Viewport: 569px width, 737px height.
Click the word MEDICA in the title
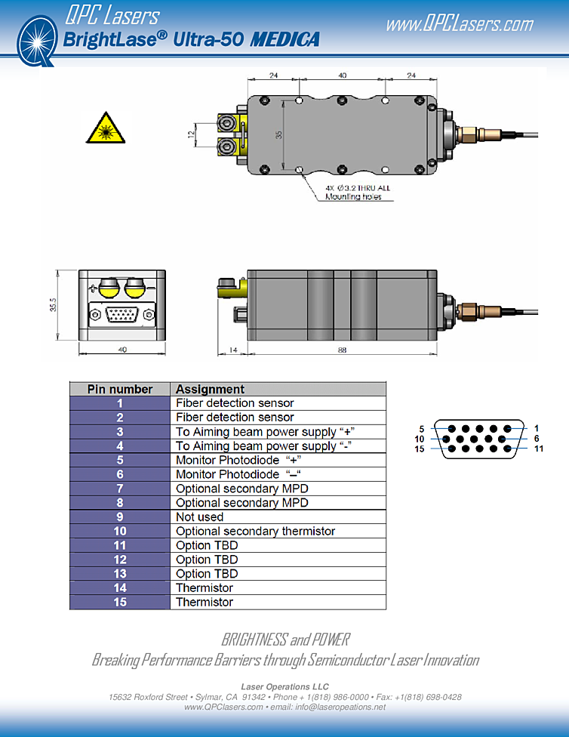(284, 39)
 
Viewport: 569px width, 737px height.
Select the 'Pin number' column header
(120, 390)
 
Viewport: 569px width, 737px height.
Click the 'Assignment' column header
(210, 390)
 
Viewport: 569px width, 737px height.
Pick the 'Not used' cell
(200, 517)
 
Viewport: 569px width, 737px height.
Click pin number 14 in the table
(120, 588)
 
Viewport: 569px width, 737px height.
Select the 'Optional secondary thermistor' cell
(255, 532)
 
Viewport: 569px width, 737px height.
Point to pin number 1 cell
(120, 403)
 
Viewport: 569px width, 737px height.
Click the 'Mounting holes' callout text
(353, 197)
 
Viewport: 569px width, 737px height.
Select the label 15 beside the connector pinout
(420, 449)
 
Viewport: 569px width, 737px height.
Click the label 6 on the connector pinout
(537, 439)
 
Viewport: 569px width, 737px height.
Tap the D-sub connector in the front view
(121, 313)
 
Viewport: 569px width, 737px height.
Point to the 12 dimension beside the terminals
(192, 134)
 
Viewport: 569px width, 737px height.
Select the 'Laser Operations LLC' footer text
(284, 686)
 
